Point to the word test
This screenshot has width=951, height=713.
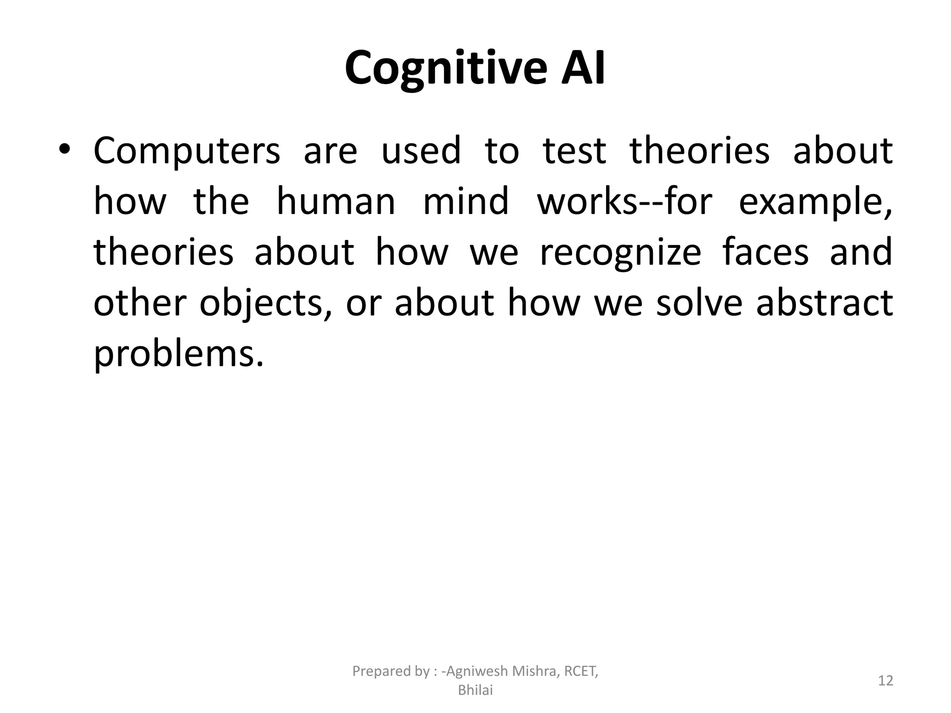click(574, 151)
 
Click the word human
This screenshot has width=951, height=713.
click(336, 202)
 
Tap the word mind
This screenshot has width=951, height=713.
click(466, 202)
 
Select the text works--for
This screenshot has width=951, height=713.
click(624, 202)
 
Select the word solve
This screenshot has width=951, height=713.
click(699, 303)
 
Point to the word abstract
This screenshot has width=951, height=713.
click(824, 303)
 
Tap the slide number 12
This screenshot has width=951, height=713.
click(886, 681)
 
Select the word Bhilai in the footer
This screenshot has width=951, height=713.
click(475, 691)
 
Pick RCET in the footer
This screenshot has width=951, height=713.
click(580, 671)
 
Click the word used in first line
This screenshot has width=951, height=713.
click(421, 151)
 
